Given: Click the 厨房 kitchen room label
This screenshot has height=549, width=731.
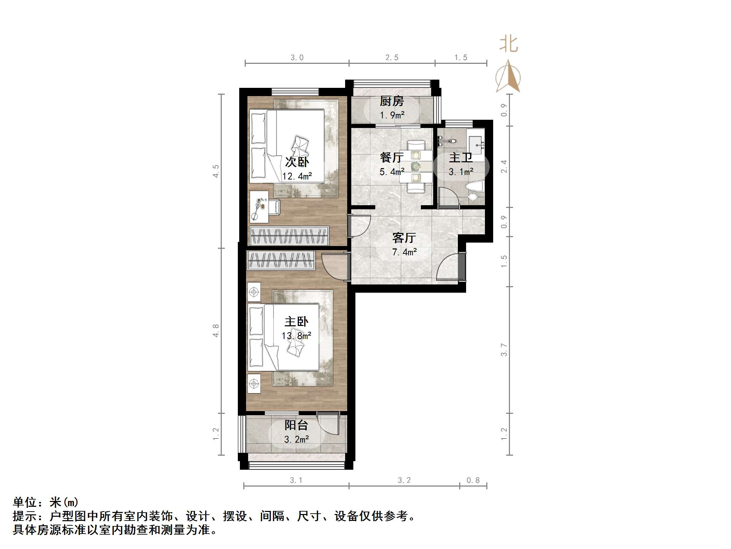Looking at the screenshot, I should coord(392,101).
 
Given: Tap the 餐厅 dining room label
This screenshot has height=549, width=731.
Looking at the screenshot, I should coord(392,157).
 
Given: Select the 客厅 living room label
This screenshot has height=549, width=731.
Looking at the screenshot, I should coord(404,237).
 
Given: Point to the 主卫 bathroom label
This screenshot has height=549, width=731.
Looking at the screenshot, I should coord(461,158).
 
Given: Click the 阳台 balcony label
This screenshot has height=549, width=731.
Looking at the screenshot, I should coord(296,425).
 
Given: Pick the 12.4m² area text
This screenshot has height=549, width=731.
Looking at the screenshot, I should coord(297,176).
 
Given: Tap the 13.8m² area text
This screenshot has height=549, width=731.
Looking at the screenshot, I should coord(296,336).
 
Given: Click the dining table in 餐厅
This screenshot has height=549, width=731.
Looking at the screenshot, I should coord(416,166).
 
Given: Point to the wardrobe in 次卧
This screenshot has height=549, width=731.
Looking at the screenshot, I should coord(289,235).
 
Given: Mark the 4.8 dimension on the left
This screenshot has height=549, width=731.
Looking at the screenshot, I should coord(216,330).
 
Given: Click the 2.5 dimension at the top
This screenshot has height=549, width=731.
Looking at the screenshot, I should coord(392,58).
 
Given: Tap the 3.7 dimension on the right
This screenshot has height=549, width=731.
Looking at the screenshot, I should coord(504,350).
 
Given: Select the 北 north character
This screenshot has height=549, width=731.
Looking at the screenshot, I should coord(508,45).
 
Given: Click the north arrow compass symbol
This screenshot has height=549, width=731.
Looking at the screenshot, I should coord(508,77).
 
